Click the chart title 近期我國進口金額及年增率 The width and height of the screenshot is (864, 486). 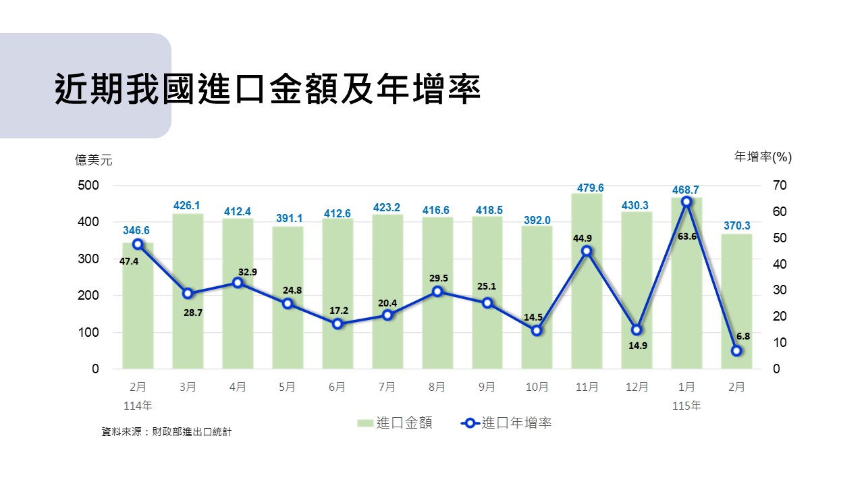click(267, 89)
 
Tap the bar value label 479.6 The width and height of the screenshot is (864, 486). click(587, 188)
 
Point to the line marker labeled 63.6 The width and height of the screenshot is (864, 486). click(686, 202)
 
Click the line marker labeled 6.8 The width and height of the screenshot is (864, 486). click(736, 351)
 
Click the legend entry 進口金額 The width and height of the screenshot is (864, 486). click(396, 423)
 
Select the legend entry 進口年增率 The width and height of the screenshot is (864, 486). click(507, 423)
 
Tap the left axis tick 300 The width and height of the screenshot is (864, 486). click(90, 259)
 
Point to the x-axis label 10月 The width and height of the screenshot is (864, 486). click(537, 387)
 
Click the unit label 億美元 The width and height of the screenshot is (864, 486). click(94, 160)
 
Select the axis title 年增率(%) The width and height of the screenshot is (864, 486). click(763, 157)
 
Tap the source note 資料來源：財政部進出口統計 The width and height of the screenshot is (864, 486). click(166, 431)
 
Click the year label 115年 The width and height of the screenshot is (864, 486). click(686, 406)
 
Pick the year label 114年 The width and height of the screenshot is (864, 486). click(138, 406)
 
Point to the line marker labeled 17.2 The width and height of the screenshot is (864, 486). click(337, 324)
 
